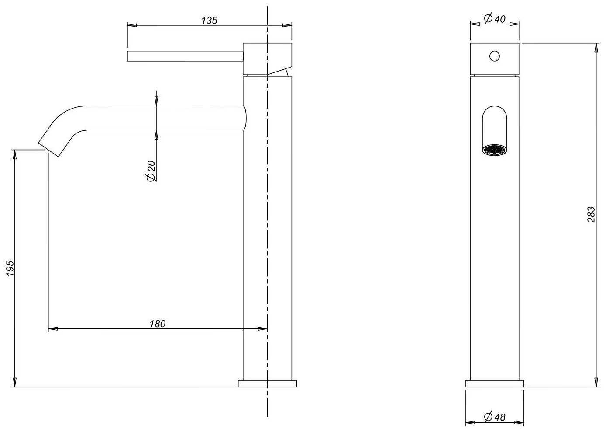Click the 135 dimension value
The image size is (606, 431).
(210, 20)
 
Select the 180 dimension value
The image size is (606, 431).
(158, 324)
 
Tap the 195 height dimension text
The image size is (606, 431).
(10, 268)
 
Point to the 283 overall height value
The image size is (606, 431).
(591, 215)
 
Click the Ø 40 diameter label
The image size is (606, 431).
(495, 19)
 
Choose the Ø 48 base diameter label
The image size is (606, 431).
(495, 417)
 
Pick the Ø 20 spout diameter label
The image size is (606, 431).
(151, 171)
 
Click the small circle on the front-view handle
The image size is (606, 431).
(495, 56)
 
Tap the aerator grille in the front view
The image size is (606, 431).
(495, 150)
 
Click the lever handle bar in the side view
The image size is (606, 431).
(185, 56)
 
